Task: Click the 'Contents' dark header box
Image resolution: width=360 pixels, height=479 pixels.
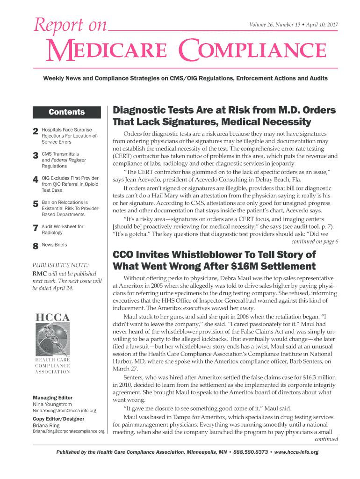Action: point(67,112)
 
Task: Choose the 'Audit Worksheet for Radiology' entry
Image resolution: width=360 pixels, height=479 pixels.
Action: point(63,229)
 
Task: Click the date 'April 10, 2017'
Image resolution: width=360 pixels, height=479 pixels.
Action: point(322,24)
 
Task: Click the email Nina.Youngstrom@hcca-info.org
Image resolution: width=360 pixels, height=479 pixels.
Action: point(64,410)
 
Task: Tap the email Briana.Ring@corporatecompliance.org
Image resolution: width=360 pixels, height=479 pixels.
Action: point(68,431)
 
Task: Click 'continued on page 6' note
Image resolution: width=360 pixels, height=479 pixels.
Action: point(314,241)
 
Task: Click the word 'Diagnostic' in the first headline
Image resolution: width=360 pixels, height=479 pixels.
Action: point(139,110)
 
